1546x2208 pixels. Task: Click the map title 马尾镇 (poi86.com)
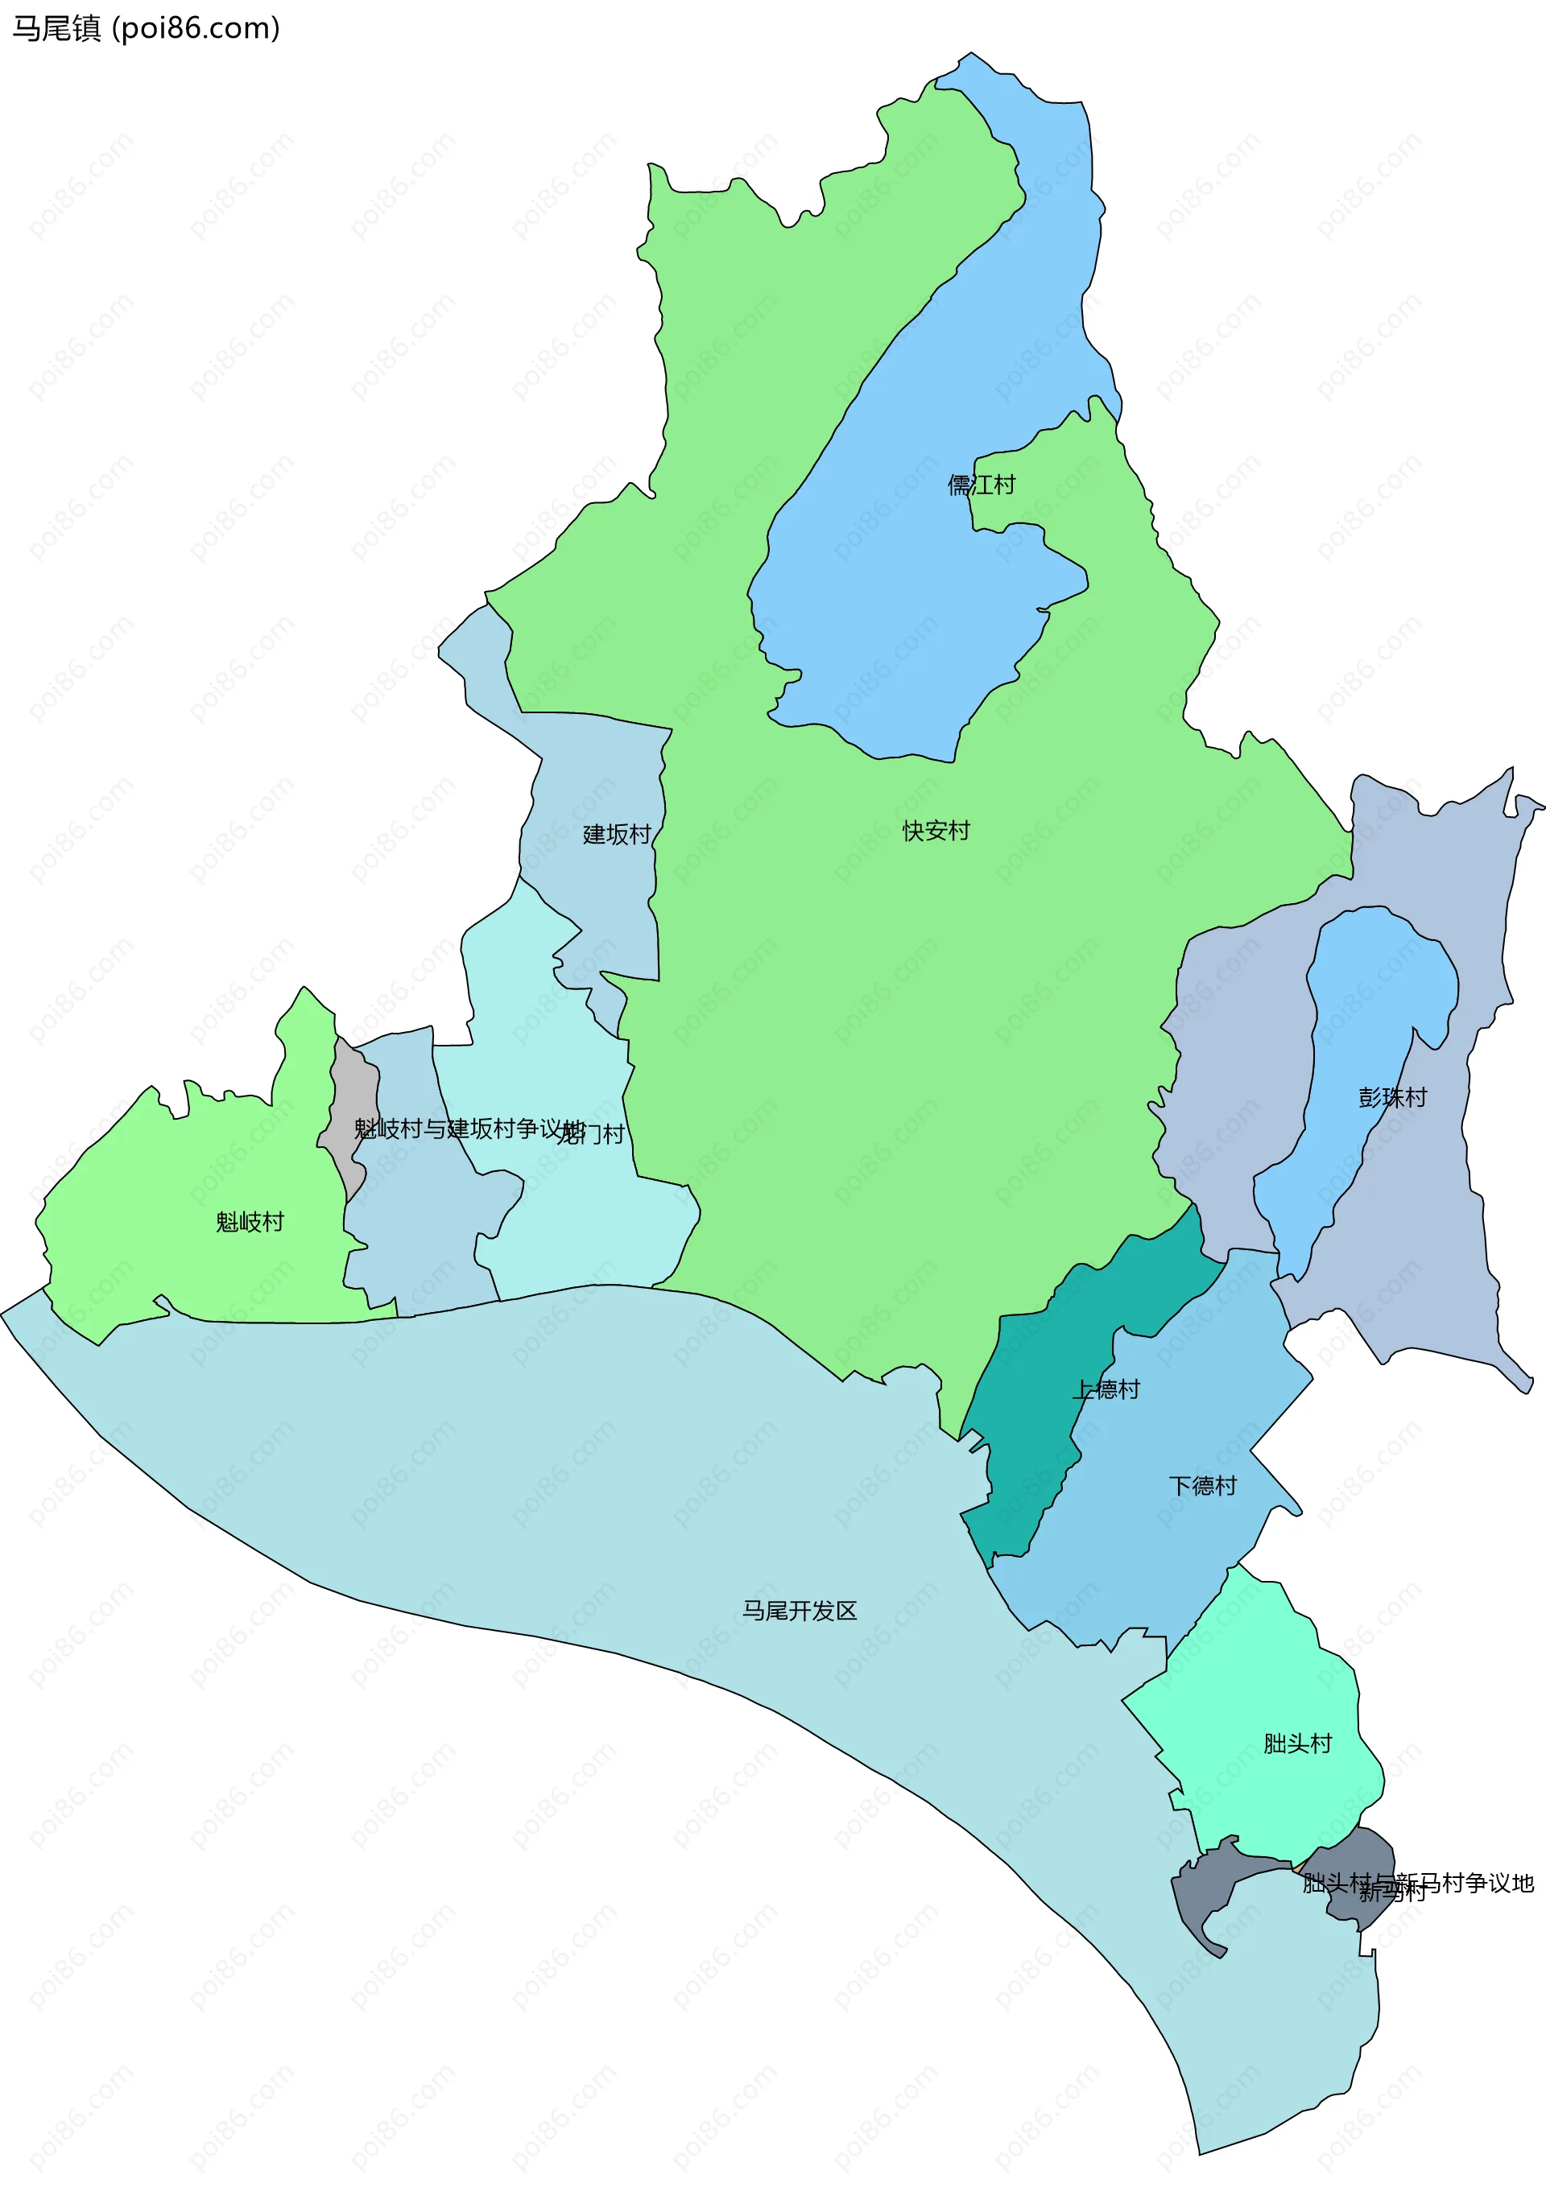tap(145, 29)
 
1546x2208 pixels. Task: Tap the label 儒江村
tap(982, 485)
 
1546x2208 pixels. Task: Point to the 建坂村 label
tap(617, 835)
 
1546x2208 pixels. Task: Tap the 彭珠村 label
tap(1392, 1097)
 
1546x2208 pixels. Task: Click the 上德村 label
tap(1106, 1389)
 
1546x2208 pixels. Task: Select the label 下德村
tap(1202, 1486)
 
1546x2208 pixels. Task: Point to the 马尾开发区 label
tap(800, 1611)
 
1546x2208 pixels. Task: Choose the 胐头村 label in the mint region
tap(1298, 1744)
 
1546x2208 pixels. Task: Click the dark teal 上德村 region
tap(1019, 1462)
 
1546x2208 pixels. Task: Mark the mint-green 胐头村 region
tap(1270, 1693)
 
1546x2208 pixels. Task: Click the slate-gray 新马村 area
tap(1202, 1900)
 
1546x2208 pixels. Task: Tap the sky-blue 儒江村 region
tap(895, 596)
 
